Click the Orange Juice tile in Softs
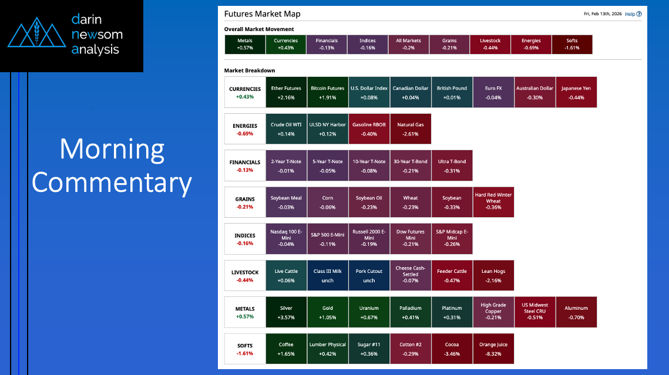coord(493,349)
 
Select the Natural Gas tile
coord(411,129)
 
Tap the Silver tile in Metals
coord(286,312)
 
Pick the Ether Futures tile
coord(286,92)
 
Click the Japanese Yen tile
coord(576,92)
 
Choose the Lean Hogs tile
coord(493,275)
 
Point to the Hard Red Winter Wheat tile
coord(493,202)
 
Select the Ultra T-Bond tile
coord(452,165)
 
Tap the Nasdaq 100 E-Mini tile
coord(286,239)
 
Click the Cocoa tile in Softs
coord(452,349)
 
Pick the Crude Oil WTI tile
coord(286,129)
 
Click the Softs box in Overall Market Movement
coord(572,45)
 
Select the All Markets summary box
coord(408,45)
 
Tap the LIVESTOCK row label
coord(245,275)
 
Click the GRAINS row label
coord(245,202)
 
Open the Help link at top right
coord(630,14)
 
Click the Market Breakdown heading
coord(250,70)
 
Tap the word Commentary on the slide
coord(112,183)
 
